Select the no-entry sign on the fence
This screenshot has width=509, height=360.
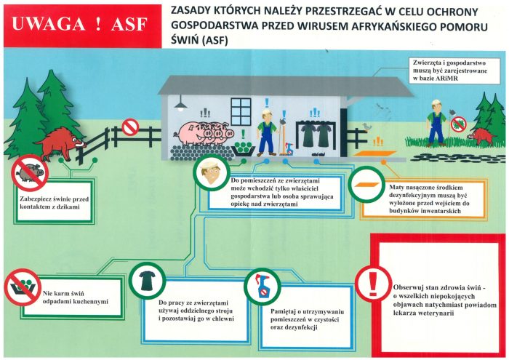(x=130, y=127)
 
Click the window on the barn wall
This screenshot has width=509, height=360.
(x=241, y=112)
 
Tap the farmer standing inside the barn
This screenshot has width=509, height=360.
(x=267, y=132)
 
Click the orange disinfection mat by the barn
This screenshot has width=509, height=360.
(x=375, y=153)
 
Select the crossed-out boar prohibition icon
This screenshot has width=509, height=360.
(x=30, y=172)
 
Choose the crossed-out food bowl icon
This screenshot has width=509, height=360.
(x=23, y=287)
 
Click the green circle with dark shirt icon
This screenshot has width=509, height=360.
(x=148, y=281)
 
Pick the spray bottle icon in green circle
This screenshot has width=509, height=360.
(x=262, y=287)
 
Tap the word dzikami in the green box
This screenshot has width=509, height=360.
(x=66, y=207)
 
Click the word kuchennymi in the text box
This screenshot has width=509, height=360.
(x=91, y=302)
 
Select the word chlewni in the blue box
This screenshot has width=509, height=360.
(x=223, y=319)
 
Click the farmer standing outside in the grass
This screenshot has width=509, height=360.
(x=436, y=123)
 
